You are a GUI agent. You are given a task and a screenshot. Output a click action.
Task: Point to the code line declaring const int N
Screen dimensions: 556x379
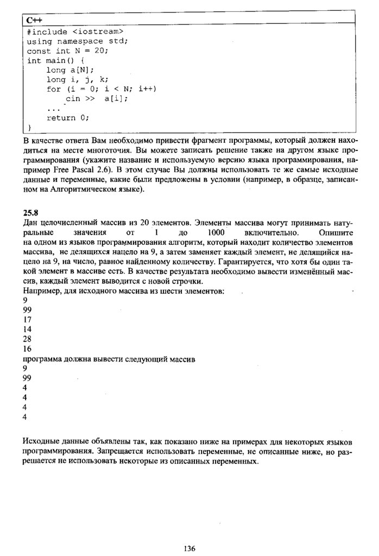(x=67, y=50)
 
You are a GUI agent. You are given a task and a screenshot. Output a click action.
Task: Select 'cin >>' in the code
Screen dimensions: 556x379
(x=80, y=99)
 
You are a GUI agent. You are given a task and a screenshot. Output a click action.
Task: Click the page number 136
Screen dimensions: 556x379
(x=189, y=548)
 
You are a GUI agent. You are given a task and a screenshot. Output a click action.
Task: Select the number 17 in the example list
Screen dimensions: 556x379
(x=28, y=319)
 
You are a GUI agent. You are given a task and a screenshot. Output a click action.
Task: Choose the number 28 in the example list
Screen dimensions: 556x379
(x=28, y=339)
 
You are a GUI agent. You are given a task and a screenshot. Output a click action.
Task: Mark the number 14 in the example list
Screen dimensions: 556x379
(x=28, y=329)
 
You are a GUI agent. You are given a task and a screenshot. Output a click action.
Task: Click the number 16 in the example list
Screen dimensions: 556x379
(x=28, y=349)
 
